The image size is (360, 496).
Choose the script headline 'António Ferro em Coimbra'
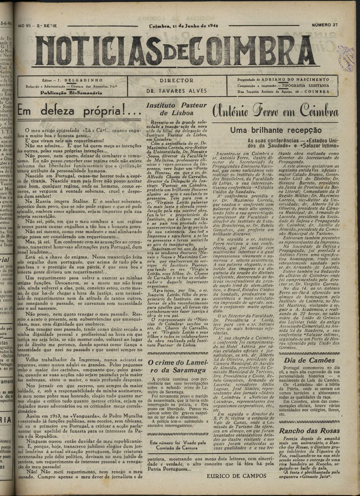pyautogui.click(x=275, y=110)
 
